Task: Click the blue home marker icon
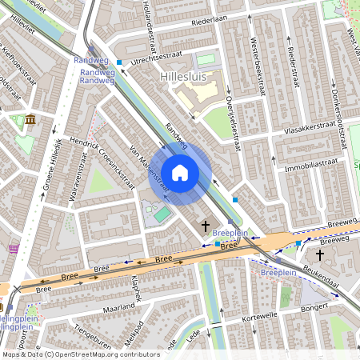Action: point(180,173)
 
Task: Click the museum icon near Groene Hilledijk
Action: point(30,120)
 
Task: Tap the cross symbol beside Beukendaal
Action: point(320,254)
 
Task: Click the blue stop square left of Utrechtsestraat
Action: point(119,62)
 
